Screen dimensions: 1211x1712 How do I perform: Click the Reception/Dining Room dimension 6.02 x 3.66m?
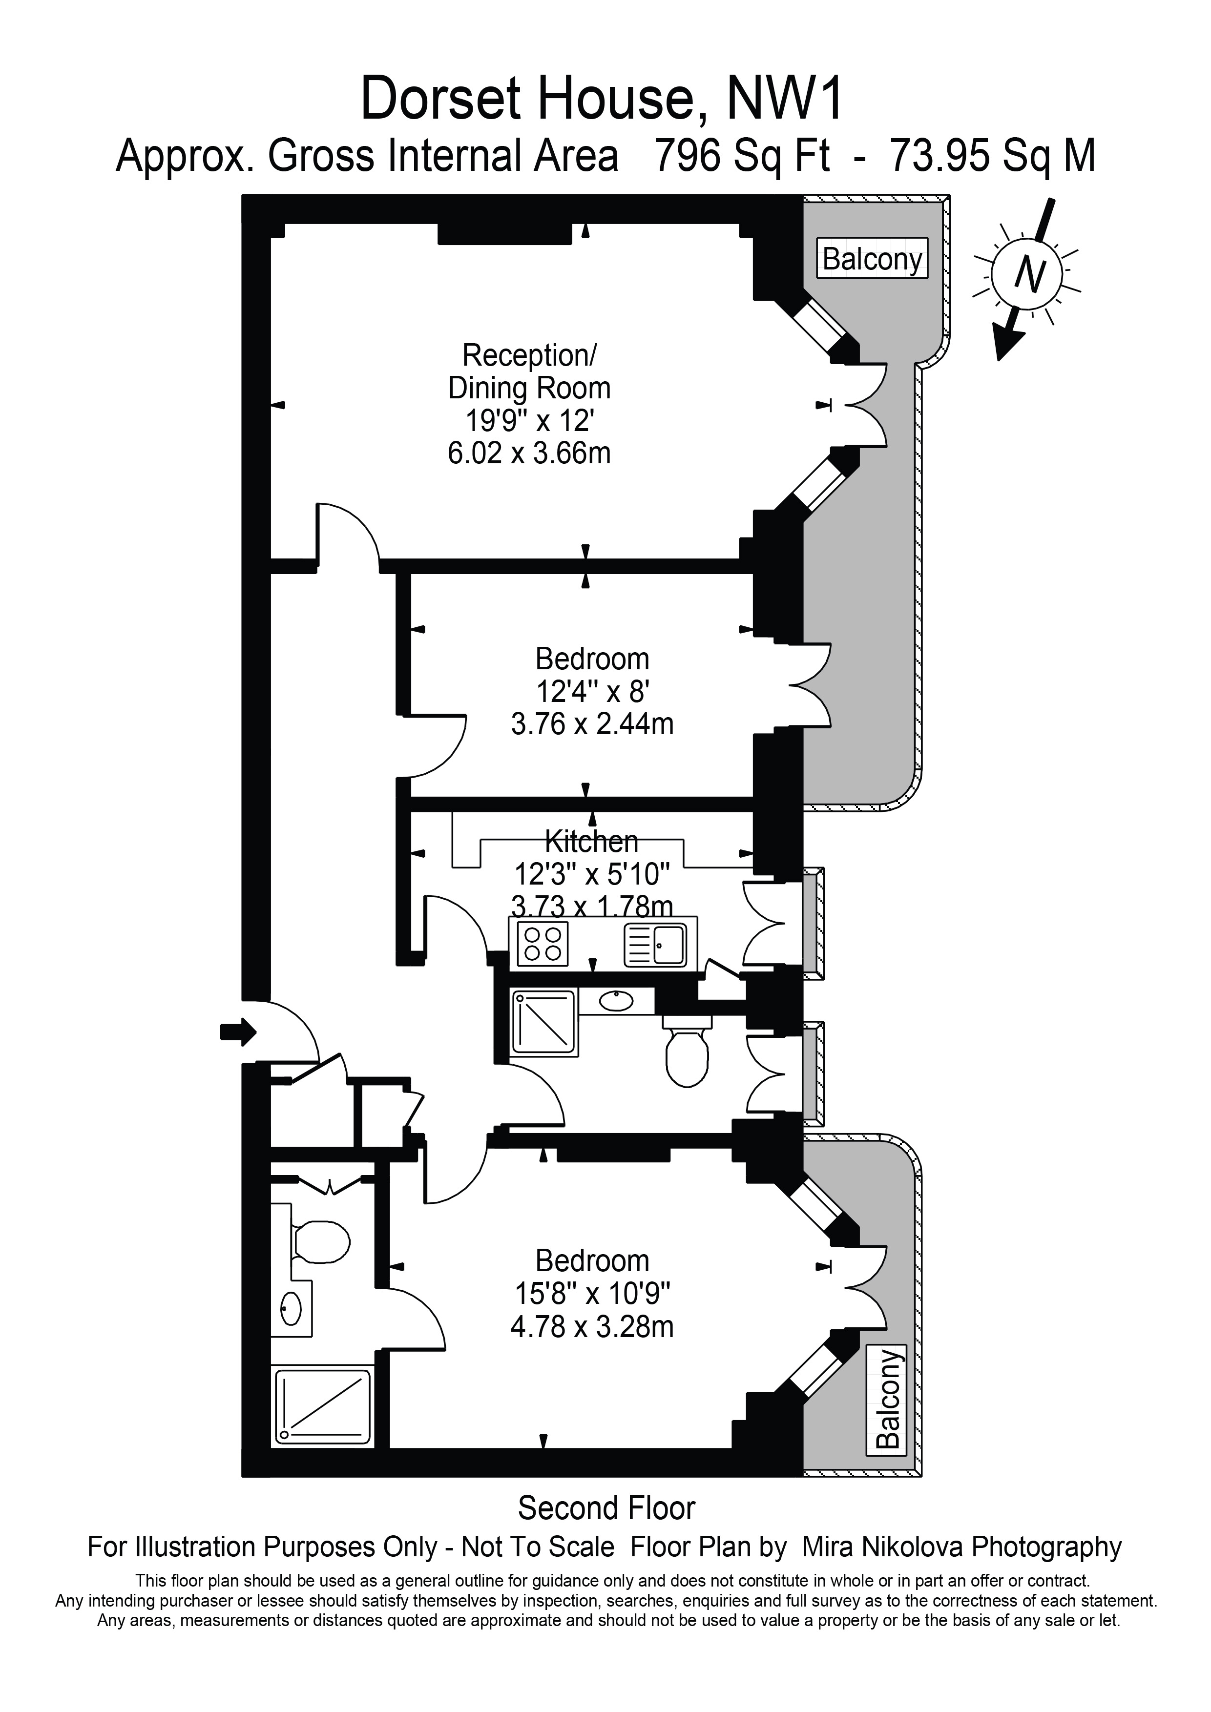point(529,454)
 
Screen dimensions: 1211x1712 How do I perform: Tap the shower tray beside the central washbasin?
point(543,1022)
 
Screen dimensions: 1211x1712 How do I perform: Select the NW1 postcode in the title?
point(785,99)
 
